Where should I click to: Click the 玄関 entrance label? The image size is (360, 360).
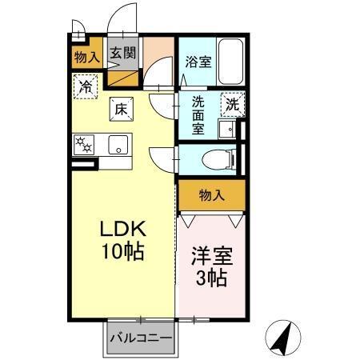[x=122, y=54]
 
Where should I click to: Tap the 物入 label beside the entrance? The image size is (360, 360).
[x=86, y=56]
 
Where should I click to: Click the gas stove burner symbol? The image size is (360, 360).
[x=84, y=145]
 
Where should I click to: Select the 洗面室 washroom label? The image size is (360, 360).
[x=198, y=114]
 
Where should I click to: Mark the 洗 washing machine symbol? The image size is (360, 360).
[x=232, y=104]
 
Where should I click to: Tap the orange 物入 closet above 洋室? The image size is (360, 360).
[x=211, y=195]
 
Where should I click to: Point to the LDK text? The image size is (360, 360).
[x=121, y=230]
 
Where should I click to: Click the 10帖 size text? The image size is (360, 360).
[x=122, y=251]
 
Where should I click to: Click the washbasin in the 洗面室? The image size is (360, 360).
[x=228, y=130]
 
